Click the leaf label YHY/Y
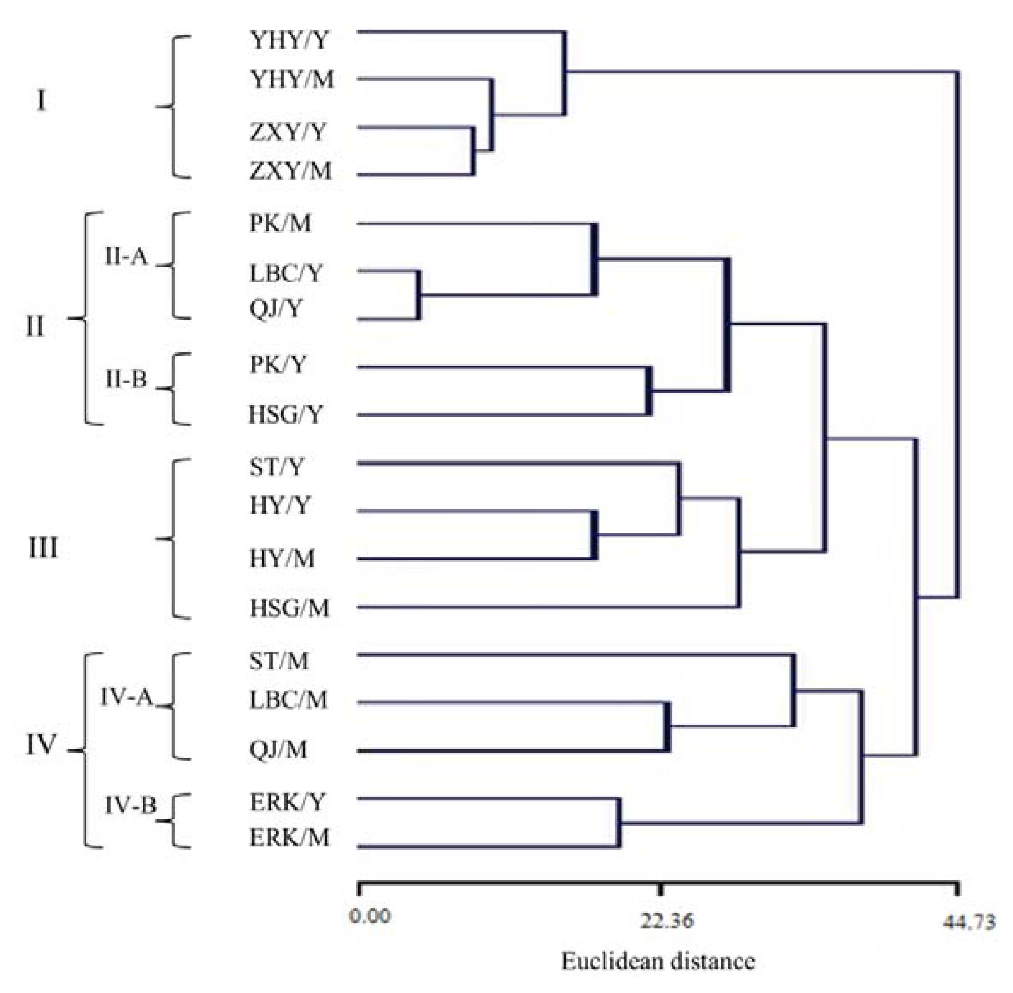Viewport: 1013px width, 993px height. click(x=290, y=40)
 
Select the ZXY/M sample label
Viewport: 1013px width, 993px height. click(x=290, y=171)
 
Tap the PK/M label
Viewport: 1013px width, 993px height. click(x=280, y=223)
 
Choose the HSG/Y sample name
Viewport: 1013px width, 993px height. click(x=285, y=414)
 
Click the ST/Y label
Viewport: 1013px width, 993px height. click(x=276, y=467)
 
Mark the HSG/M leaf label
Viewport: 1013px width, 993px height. click(x=290, y=608)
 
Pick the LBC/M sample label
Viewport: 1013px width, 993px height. click(x=289, y=699)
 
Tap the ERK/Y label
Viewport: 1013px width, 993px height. click(x=288, y=803)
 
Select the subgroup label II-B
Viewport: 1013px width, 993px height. click(x=126, y=379)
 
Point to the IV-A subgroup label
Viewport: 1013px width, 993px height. click(x=126, y=697)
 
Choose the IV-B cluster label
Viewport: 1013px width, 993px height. click(x=130, y=806)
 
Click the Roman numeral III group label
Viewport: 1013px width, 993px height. click(x=43, y=548)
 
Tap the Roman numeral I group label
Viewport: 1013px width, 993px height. click(x=41, y=100)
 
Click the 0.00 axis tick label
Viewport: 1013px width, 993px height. click(x=370, y=916)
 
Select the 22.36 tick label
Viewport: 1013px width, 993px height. click(x=667, y=921)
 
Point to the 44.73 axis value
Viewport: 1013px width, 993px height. click(x=968, y=922)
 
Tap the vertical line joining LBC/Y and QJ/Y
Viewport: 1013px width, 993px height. click(x=419, y=295)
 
